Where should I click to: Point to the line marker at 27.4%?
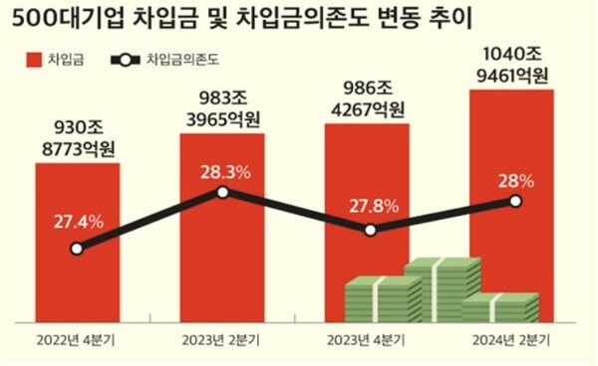[78, 249]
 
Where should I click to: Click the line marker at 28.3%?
[222, 193]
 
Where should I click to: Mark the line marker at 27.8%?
[370, 230]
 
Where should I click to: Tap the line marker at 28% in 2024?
[515, 201]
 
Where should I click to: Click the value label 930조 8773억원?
[78, 138]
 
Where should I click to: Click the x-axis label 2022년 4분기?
[78, 340]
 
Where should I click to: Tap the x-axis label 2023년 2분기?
[222, 340]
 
